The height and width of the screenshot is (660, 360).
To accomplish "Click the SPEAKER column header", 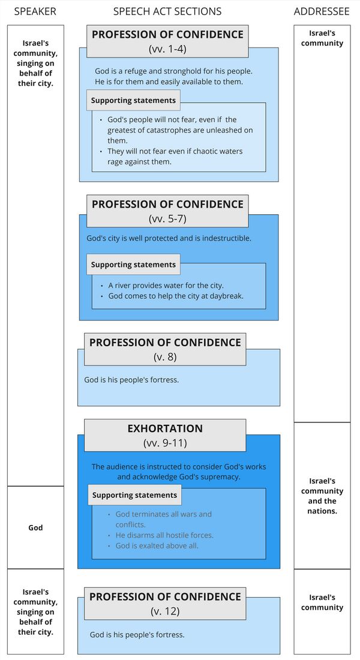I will [x=35, y=11].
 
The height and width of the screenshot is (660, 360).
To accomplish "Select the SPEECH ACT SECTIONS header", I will [x=167, y=11].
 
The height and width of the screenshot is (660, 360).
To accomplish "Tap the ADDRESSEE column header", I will [x=322, y=11].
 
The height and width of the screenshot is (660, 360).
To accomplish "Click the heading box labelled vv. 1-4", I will [x=167, y=41].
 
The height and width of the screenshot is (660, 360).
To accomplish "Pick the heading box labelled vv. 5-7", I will [x=167, y=211].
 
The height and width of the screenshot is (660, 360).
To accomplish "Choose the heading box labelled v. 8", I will [x=165, y=349].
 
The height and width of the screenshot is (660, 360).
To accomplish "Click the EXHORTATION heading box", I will [x=165, y=435].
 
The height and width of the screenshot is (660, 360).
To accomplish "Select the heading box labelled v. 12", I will [x=165, y=604].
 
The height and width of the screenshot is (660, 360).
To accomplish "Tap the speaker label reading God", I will [x=35, y=527].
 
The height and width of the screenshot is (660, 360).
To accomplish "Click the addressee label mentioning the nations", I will [x=322, y=496].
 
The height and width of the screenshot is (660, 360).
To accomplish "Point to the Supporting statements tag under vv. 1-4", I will [x=133, y=100].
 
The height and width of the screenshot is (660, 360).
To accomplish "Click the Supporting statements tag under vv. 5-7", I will [x=133, y=265].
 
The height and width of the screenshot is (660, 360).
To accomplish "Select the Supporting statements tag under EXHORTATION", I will [x=134, y=495].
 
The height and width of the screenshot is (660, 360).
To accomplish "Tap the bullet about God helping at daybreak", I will [x=175, y=296].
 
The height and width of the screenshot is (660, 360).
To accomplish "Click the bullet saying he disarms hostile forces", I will [x=164, y=535].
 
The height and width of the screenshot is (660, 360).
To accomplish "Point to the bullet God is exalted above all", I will [x=157, y=546].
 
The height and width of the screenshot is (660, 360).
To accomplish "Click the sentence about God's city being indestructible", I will [x=169, y=238].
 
